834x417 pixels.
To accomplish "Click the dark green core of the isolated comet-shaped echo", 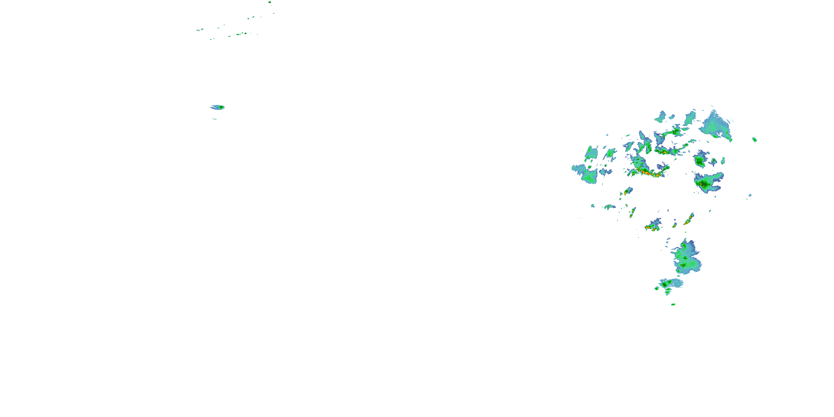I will coord(221,107).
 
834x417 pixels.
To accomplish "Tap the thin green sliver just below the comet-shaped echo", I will coord(214,119).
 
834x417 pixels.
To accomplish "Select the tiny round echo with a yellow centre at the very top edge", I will coord(269,2).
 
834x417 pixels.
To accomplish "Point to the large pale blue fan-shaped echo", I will coord(716,126).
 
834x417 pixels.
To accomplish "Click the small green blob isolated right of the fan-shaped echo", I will coord(754,140).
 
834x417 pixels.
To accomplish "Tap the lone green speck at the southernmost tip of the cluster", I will coord(673,304).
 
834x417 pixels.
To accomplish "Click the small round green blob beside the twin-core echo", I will coord(657,288).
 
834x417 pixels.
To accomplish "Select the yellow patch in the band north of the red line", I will coord(662,152).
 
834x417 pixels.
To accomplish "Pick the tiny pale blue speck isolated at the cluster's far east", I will coord(750,195).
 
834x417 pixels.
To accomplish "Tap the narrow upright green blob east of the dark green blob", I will coord(723,160).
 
